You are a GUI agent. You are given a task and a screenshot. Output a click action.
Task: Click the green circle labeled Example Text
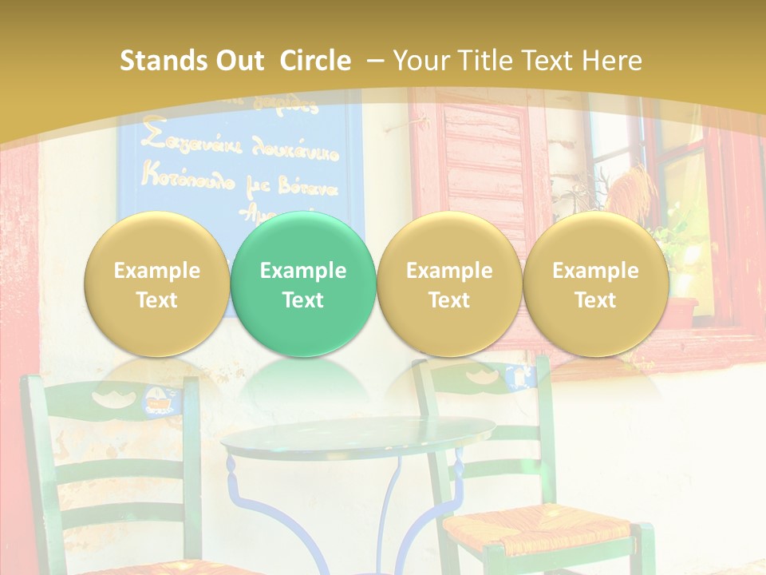(x=302, y=284)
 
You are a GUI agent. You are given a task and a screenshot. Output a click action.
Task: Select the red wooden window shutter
(x=479, y=160)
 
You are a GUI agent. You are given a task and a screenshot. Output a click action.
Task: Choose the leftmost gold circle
(x=156, y=284)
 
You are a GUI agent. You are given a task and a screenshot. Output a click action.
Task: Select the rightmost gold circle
(x=595, y=284)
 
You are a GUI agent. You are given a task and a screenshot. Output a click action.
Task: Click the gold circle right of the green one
(x=449, y=284)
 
